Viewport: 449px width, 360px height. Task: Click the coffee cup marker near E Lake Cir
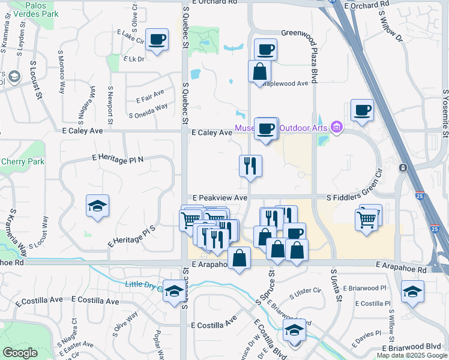click(157, 40)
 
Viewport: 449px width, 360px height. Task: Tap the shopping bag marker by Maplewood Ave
click(259, 71)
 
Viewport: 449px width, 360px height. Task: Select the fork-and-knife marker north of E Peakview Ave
click(250, 166)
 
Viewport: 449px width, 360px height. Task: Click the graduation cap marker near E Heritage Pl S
click(97, 206)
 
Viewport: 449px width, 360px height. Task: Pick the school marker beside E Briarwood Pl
click(412, 292)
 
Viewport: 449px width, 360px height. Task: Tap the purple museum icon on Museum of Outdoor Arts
click(337, 127)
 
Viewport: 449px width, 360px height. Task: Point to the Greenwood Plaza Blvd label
click(313, 55)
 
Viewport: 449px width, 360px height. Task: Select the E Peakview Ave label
click(220, 197)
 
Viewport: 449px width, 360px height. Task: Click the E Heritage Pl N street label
click(118, 157)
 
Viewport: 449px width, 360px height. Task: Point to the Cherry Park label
click(23, 161)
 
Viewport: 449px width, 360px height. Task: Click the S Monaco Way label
click(61, 71)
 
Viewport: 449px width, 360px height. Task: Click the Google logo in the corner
click(20, 353)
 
